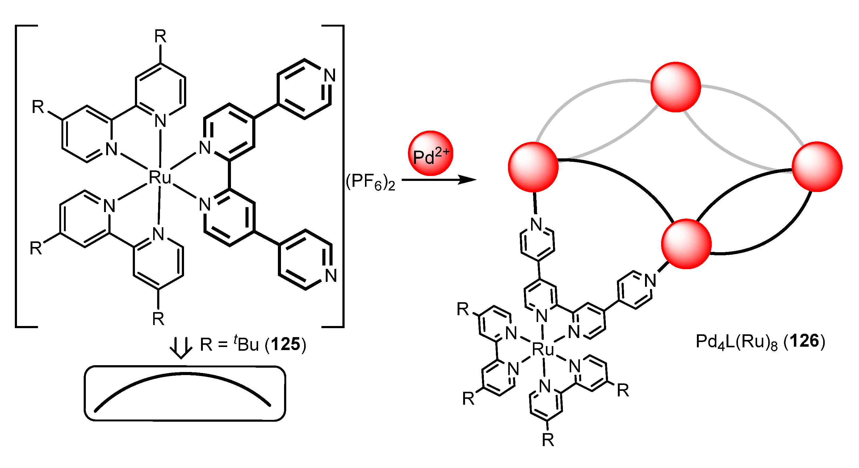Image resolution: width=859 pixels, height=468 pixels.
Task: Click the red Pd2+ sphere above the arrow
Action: pos(430,153)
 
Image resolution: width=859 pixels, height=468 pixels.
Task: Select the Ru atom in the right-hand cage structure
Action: pos(543,349)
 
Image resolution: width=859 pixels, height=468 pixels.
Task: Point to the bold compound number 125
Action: pos(285,344)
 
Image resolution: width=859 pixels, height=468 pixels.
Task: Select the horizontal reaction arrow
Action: pos(438,180)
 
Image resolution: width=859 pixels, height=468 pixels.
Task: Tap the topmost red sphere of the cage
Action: pos(676,87)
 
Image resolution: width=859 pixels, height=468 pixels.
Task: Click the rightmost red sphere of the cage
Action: pos(817,167)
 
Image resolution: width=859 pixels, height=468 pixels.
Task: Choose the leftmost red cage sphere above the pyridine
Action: pos(533,167)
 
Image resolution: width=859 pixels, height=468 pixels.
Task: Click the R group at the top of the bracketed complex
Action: pos(160,36)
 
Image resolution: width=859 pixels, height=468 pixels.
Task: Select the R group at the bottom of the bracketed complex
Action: pos(158,319)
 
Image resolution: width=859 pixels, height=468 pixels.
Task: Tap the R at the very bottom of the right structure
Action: pos(548,440)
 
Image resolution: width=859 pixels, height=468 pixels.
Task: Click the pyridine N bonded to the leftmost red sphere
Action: pos(537,224)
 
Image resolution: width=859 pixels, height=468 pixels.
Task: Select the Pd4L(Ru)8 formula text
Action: pos(737,342)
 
